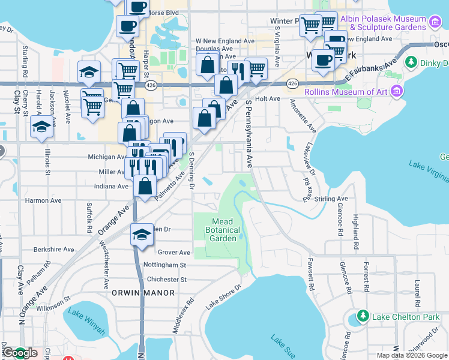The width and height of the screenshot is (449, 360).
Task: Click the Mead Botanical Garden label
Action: point(223,230)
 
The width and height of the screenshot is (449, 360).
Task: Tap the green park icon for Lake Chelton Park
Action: point(362,316)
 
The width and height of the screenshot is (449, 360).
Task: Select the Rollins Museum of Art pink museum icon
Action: point(396,91)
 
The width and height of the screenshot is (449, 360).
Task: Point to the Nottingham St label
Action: point(165,265)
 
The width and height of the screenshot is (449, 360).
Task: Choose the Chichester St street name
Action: point(163,279)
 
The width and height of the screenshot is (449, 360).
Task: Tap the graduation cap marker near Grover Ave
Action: point(141,234)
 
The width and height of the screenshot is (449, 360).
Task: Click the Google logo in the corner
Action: point(19,353)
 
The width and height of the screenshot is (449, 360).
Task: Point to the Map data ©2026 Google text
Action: point(411,355)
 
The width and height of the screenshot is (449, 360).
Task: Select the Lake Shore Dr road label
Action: point(223,296)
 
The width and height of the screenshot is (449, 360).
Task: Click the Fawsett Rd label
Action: point(311,274)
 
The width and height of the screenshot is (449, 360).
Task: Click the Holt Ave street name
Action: point(268,98)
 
